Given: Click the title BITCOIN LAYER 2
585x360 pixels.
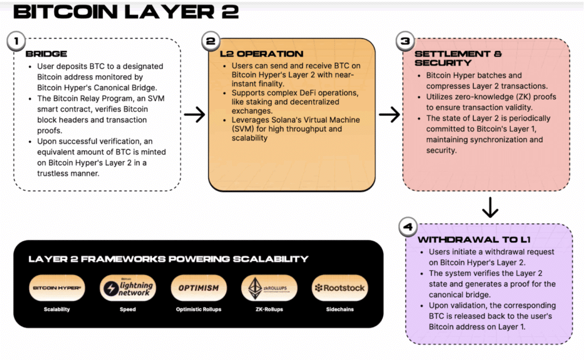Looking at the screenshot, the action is pyautogui.click(x=126, y=11).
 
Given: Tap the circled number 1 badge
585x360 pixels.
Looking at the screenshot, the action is pyautogui.click(x=16, y=41).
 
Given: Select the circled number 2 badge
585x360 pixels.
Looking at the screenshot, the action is pyautogui.click(x=210, y=41).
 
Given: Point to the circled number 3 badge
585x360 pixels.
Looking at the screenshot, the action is pyautogui.click(x=405, y=41).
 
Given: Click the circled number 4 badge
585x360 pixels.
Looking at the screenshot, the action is pyautogui.click(x=408, y=227).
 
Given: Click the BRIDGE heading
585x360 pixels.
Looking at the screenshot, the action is pyautogui.click(x=46, y=54).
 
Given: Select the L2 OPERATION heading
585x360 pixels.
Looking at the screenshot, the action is pyautogui.click(x=262, y=54).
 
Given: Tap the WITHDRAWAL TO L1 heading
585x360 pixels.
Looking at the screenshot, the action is pyautogui.click(x=474, y=239).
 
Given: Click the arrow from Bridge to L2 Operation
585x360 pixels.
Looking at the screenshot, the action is pyautogui.click(x=194, y=114).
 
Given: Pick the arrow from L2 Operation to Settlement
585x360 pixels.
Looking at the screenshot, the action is pyautogui.click(x=389, y=114).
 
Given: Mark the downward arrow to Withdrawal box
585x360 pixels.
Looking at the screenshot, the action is pyautogui.click(x=490, y=207).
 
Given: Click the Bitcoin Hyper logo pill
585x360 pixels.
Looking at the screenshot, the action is pyautogui.click(x=57, y=288).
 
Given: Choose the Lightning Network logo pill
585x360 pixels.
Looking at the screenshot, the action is pyautogui.click(x=127, y=288).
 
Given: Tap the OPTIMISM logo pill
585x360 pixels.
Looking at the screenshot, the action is pyautogui.click(x=198, y=288).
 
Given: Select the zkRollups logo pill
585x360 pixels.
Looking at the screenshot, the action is pyautogui.click(x=269, y=288).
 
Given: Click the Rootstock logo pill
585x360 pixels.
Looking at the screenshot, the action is pyautogui.click(x=340, y=288).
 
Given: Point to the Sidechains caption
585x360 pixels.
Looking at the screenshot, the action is pyautogui.click(x=340, y=309).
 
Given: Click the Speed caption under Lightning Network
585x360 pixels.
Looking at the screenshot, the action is pyautogui.click(x=127, y=309).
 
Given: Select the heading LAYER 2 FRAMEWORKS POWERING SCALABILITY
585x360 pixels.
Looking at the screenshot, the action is pyautogui.click(x=169, y=259).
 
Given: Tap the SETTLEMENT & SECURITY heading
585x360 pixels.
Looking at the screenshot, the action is pyautogui.click(x=458, y=58).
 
